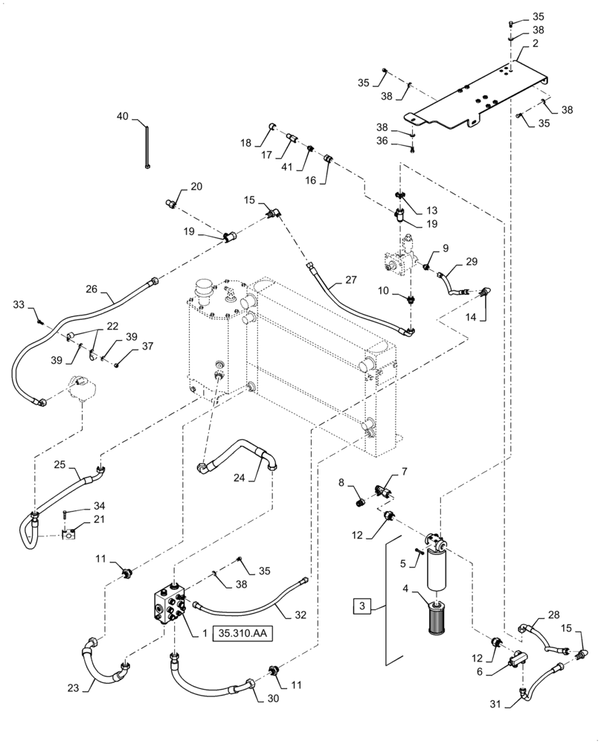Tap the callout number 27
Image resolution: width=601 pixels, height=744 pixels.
[330, 280]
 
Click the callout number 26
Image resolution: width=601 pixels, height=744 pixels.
[92, 290]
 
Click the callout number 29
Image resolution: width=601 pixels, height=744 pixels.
[472, 262]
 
